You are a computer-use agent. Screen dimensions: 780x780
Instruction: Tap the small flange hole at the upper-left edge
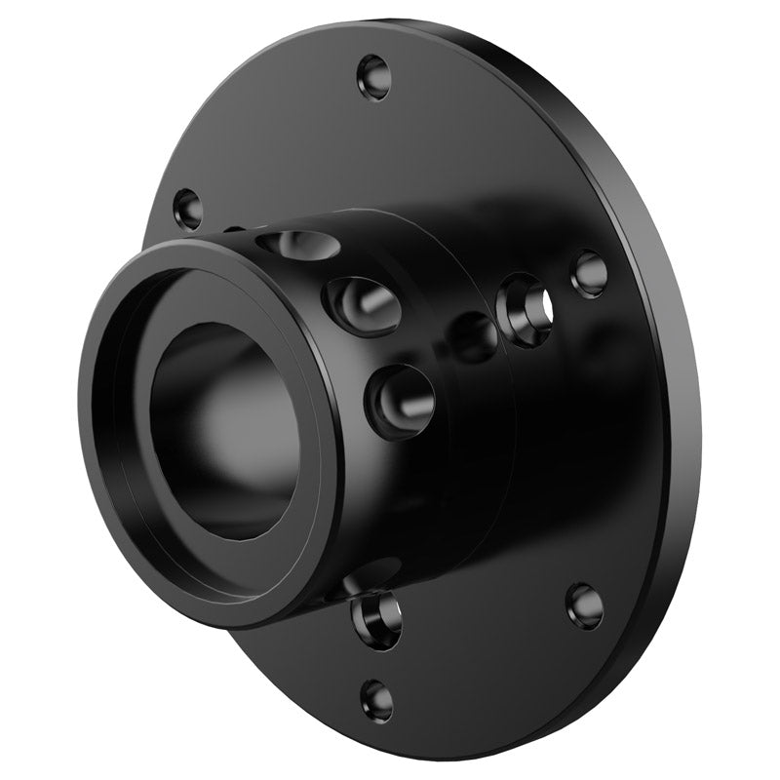pyautogui.click(x=186, y=209)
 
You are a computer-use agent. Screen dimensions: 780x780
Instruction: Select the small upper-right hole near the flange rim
pyautogui.click(x=589, y=272)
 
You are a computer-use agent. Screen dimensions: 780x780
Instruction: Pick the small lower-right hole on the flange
pyautogui.click(x=584, y=604)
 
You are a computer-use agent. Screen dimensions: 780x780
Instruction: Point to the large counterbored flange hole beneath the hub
pyautogui.click(x=378, y=617)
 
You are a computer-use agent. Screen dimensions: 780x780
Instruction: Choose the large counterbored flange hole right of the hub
pyautogui.click(x=526, y=310)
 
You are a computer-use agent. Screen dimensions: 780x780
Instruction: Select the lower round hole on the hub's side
pyautogui.click(x=400, y=401)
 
